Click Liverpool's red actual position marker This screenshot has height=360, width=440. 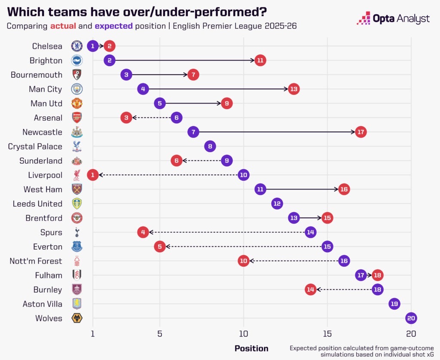(93, 175)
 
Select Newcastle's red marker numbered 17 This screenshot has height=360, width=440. (361, 132)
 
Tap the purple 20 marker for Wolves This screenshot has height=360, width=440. (411, 318)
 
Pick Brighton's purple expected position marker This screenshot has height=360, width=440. (110, 60)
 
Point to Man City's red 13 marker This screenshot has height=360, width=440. (293, 89)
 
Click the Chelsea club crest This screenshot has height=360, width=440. (76, 46)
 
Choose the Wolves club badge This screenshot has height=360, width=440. (76, 318)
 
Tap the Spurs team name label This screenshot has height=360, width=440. (51, 232)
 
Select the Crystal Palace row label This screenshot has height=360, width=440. (35, 146)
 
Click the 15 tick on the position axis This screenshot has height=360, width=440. (327, 334)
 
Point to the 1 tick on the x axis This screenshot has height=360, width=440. (93, 334)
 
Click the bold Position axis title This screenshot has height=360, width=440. (251, 348)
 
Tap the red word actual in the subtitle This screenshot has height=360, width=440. (63, 26)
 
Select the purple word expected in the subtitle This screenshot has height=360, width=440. (113, 26)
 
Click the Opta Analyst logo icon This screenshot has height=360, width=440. (364, 18)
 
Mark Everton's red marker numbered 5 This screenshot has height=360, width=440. (160, 247)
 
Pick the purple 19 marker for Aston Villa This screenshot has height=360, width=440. (394, 304)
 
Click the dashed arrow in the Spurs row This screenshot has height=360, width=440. (227, 232)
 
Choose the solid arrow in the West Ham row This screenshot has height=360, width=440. (302, 189)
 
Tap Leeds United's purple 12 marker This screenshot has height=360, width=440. (277, 204)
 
